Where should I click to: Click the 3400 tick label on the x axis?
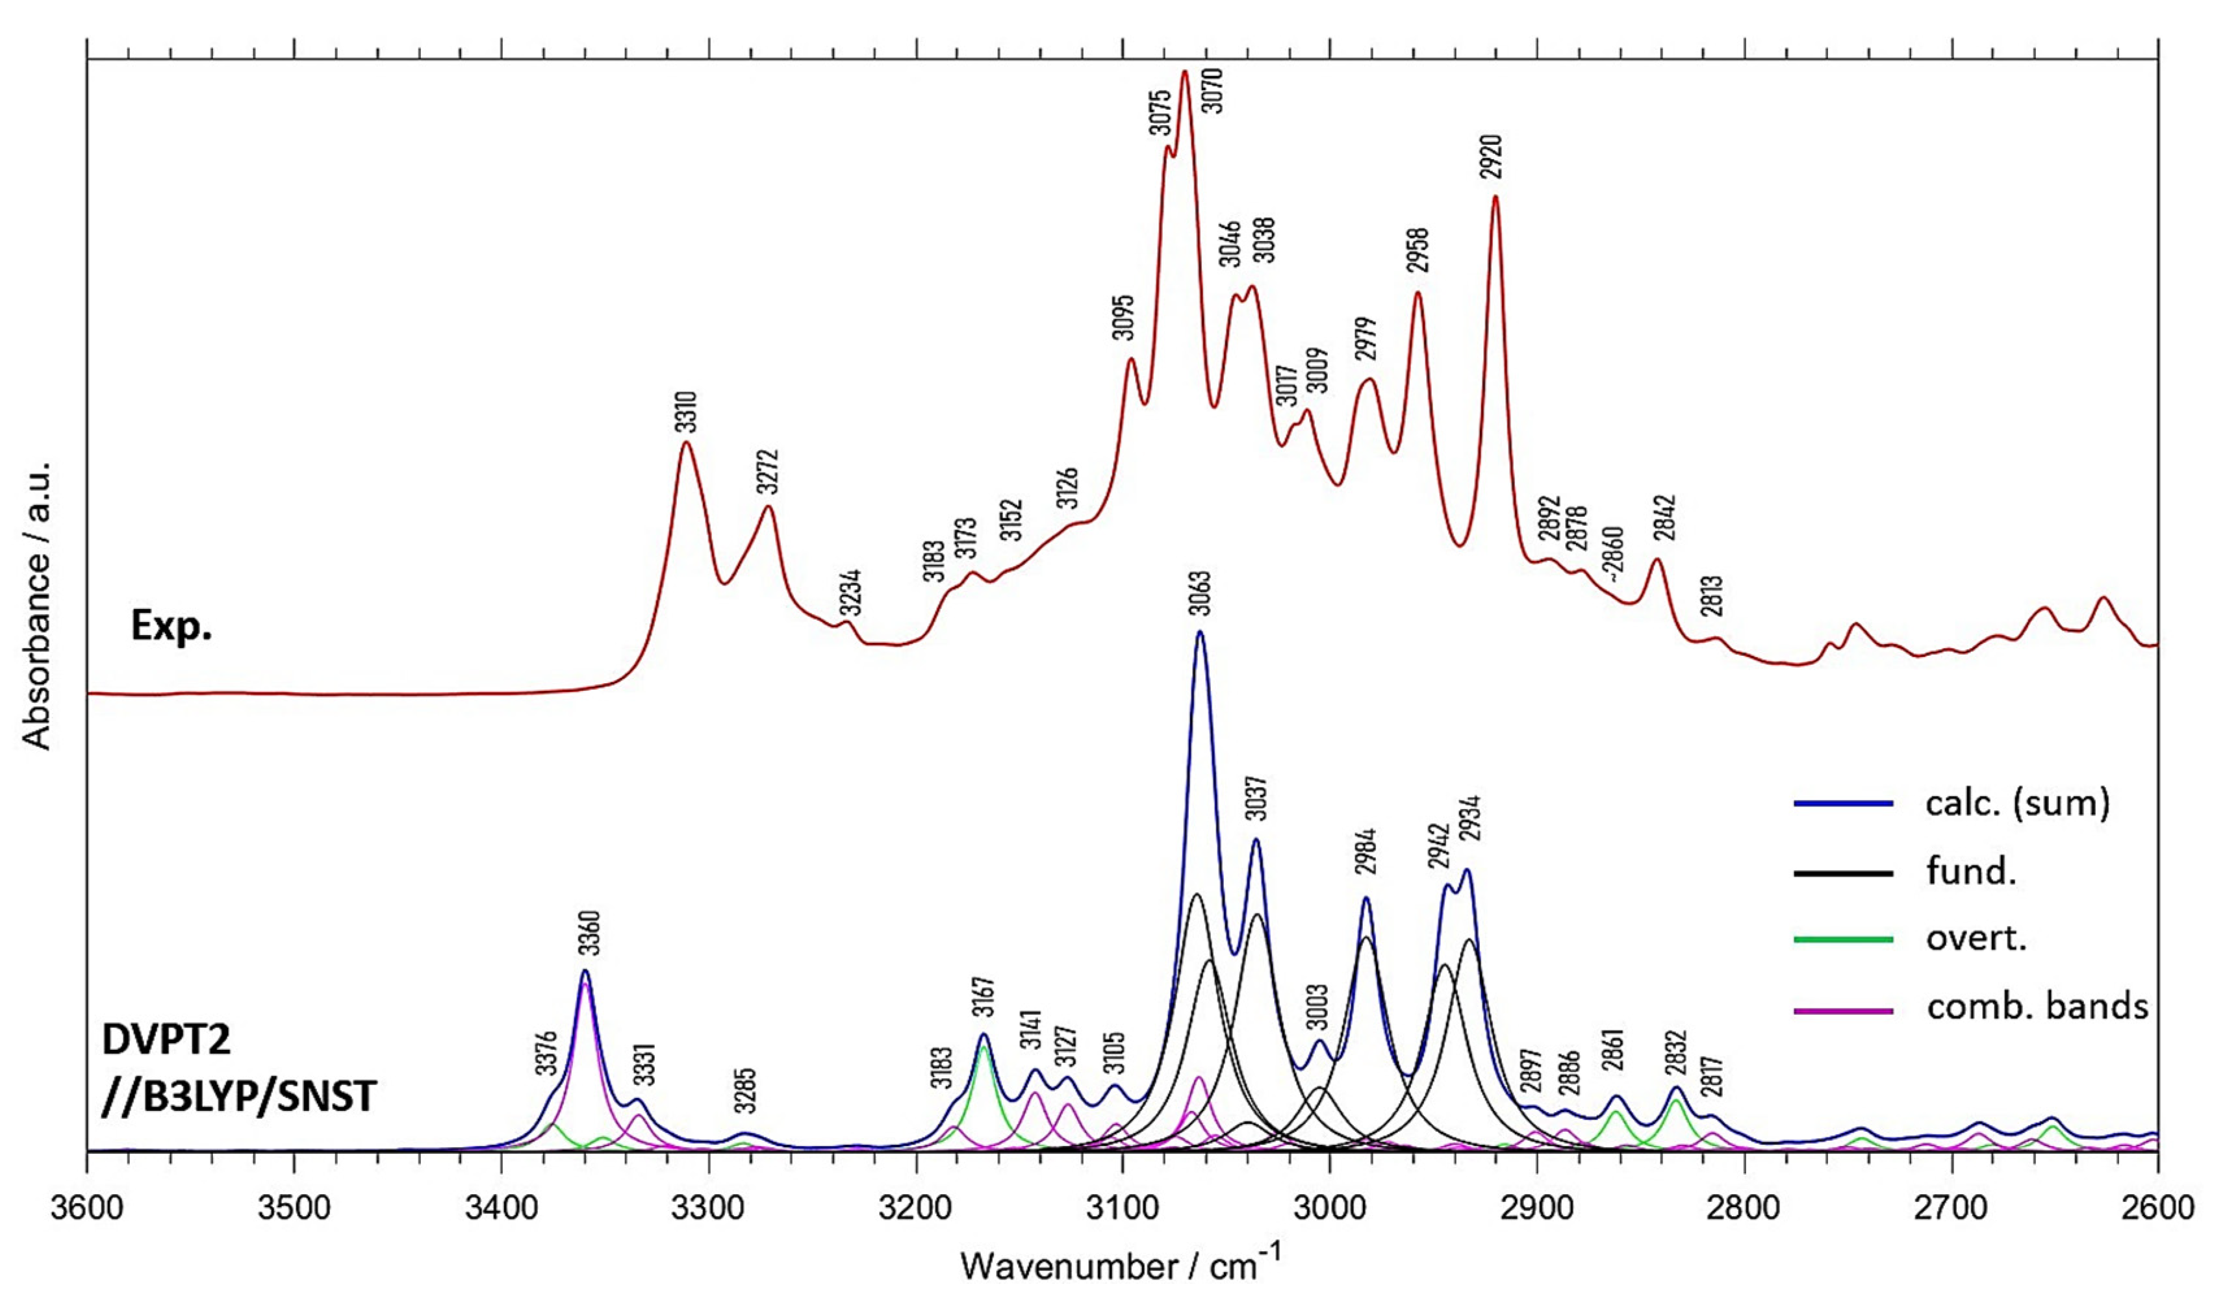tap(501, 1208)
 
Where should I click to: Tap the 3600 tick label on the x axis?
tap(87, 1208)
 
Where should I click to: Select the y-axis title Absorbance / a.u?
tap(37, 606)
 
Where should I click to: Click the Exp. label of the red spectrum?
tap(172, 626)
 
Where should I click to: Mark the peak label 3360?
tap(589, 934)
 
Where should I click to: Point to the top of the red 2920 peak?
tap(1495, 196)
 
